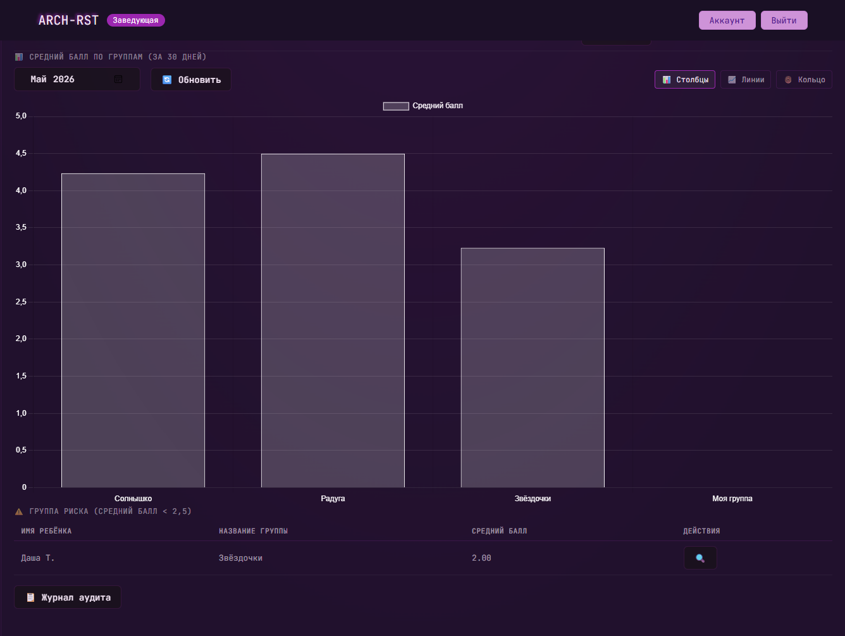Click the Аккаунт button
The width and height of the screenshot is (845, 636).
(727, 20)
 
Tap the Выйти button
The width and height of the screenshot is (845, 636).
(784, 20)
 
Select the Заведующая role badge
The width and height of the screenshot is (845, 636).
(135, 20)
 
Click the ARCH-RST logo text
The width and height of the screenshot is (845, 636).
(68, 20)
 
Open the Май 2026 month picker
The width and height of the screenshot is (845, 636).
(77, 79)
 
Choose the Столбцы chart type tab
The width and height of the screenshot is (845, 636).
(685, 79)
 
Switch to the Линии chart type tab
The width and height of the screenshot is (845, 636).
(746, 79)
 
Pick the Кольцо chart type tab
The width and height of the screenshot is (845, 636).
(804, 79)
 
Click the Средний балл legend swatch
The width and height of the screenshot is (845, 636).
(396, 106)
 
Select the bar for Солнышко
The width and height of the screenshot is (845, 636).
(133, 330)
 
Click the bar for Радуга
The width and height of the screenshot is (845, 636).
(333, 320)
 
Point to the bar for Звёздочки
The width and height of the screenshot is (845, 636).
(533, 368)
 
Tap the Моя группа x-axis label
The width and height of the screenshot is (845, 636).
(732, 499)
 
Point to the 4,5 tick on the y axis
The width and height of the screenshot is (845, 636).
(21, 153)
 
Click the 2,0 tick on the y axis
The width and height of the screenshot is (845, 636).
(21, 339)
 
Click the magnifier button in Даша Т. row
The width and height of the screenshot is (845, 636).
(700, 558)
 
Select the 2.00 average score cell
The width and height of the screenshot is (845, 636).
(481, 558)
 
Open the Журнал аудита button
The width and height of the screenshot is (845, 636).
(68, 597)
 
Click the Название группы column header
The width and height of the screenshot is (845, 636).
(253, 531)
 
